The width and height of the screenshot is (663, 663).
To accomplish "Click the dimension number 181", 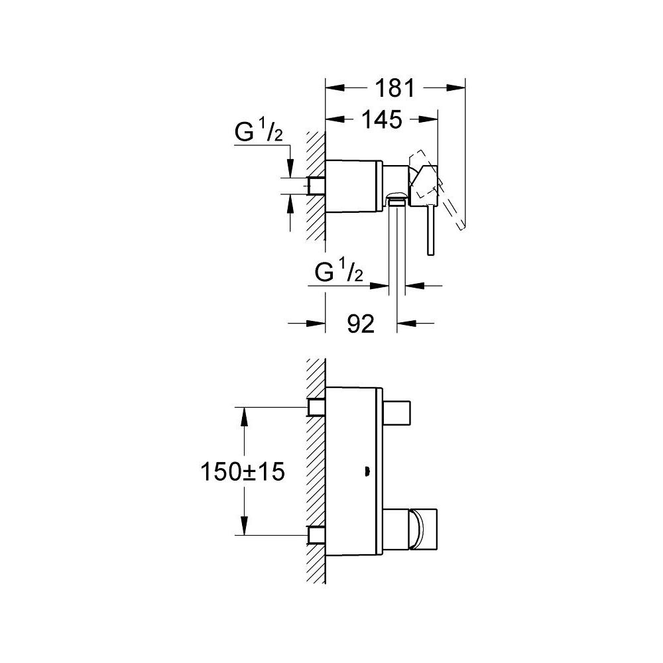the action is click(x=395, y=88).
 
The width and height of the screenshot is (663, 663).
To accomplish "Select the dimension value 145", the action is click(x=381, y=119).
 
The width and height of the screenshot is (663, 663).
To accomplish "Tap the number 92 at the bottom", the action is click(x=361, y=324).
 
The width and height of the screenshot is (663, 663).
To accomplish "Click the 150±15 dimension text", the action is click(x=243, y=471).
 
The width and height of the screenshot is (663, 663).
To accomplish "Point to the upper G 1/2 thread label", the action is click(x=259, y=131).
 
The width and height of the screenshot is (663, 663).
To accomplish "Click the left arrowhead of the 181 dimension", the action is click(x=334, y=88).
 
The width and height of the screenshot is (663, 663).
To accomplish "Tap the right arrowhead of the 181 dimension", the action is click(x=456, y=88).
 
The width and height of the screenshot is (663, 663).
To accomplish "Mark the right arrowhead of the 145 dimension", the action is click(x=428, y=119).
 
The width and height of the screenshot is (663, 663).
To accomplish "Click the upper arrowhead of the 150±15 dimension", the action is click(x=244, y=417).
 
